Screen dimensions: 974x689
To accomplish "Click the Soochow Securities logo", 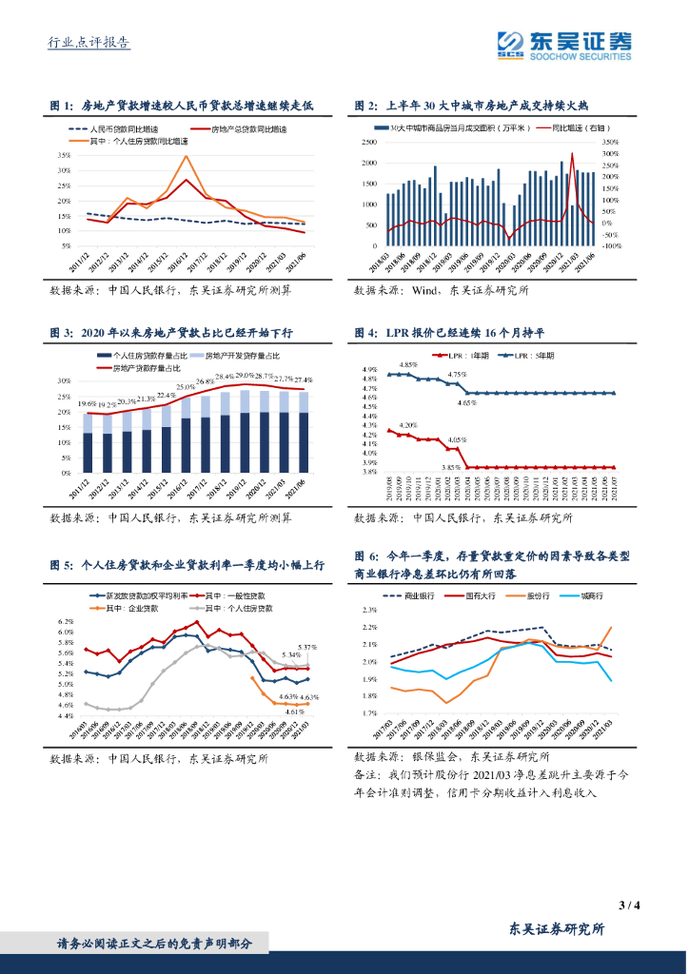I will point(563,44).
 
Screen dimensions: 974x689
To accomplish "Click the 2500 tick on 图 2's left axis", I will point(367,142).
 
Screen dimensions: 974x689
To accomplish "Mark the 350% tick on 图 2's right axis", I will point(611,142).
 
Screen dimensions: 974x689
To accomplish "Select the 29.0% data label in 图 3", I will point(246,376).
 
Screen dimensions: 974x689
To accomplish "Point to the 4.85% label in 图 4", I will point(408,364).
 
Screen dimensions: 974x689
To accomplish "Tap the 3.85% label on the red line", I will point(450,467).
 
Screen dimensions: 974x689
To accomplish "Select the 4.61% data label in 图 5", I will point(294,711).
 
